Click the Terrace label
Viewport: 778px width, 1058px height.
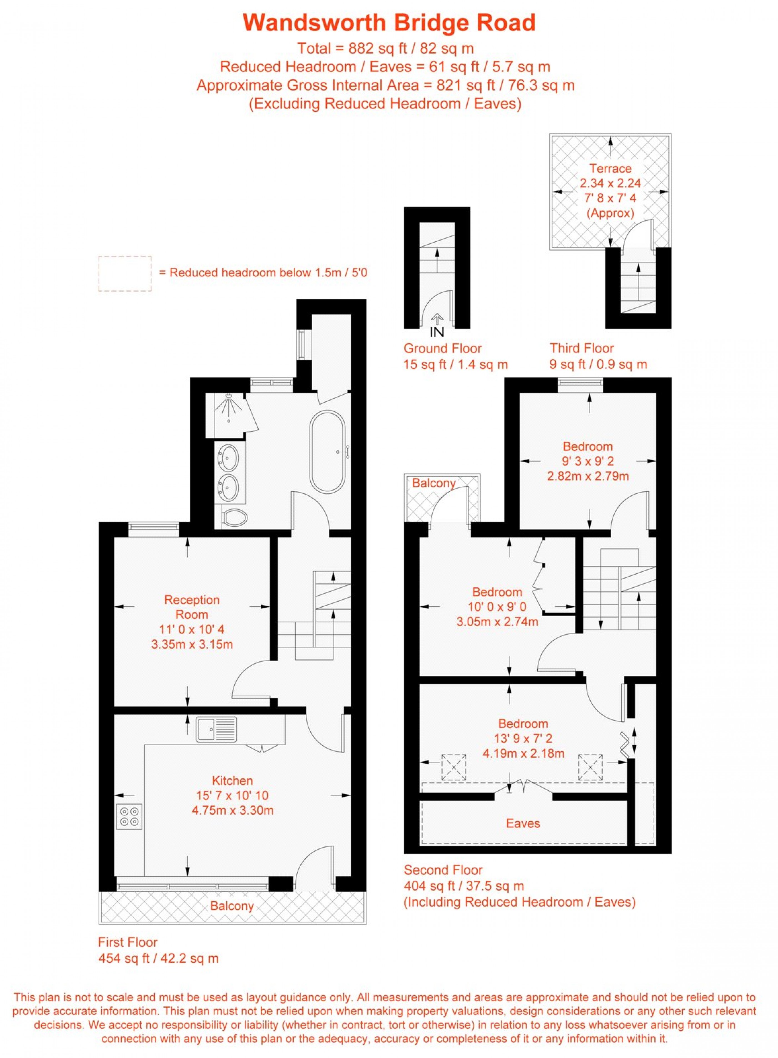pos(610,168)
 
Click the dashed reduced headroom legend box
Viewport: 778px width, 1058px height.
pos(125,274)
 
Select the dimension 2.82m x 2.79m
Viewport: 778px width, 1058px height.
pos(588,476)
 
